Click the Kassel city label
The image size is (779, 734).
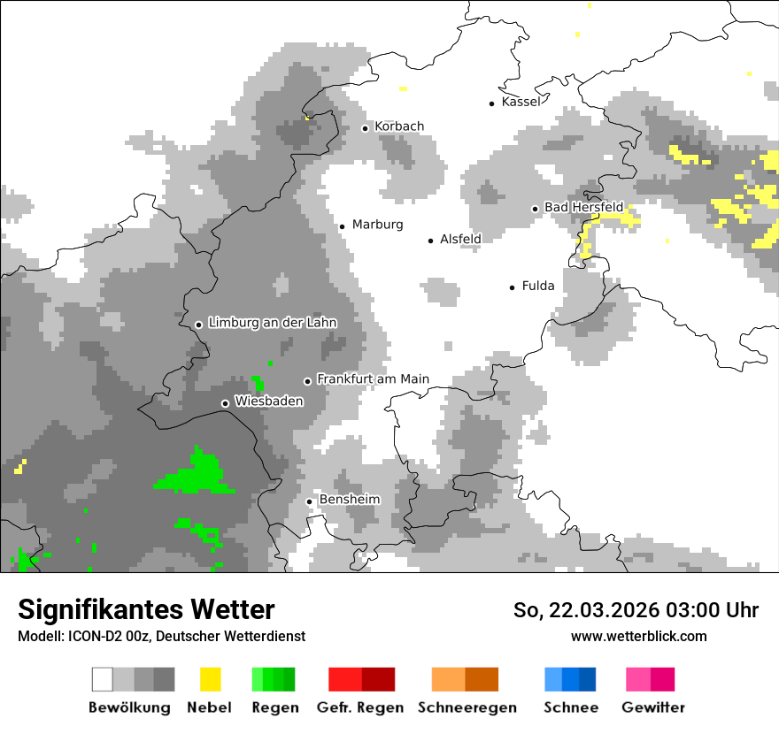pyautogui.click(x=521, y=102)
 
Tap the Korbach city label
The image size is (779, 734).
pyautogui.click(x=399, y=126)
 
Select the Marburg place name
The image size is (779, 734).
pyautogui.click(x=377, y=225)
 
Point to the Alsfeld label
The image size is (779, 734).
pyautogui.click(x=460, y=239)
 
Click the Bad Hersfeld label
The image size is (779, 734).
pyautogui.click(x=583, y=207)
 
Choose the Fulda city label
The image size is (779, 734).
pyautogui.click(x=538, y=286)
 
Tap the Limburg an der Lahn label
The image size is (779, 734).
pyautogui.click(x=273, y=323)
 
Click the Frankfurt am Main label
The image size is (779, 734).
pyautogui.click(x=373, y=379)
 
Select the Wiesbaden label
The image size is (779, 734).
pyautogui.click(x=268, y=401)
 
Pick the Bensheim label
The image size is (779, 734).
pyautogui.click(x=349, y=500)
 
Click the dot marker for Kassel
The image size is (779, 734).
pyautogui.click(x=492, y=103)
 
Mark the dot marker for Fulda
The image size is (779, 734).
pyautogui.click(x=513, y=287)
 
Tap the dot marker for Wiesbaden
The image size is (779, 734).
pyautogui.click(x=225, y=403)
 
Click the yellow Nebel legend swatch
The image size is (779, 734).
pyautogui.click(x=210, y=679)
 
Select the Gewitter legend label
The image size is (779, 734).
pyautogui.click(x=653, y=707)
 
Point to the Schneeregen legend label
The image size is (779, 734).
pyautogui.click(x=467, y=707)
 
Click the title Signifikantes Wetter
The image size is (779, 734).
pyautogui.click(x=146, y=609)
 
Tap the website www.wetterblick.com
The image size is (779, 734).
pyautogui.click(x=638, y=636)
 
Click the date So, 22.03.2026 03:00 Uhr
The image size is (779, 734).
pyautogui.click(x=636, y=610)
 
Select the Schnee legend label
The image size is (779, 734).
pyautogui.click(x=571, y=707)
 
